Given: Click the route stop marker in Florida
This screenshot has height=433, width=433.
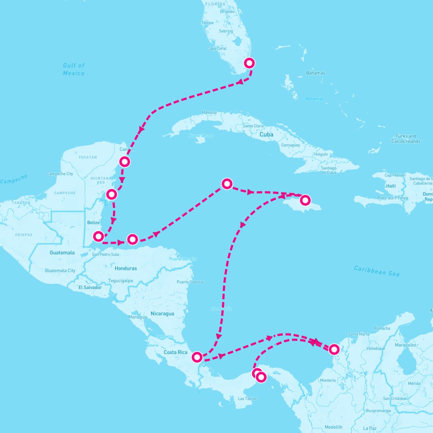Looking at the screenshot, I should click(x=249, y=63).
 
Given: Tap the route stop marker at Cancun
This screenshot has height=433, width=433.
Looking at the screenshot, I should click(x=124, y=162).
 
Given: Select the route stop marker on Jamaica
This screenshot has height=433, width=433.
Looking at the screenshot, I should click(x=305, y=200).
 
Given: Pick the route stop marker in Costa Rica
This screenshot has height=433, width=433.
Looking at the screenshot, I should click(x=197, y=357).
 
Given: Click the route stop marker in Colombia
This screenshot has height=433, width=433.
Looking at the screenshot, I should click(x=334, y=349).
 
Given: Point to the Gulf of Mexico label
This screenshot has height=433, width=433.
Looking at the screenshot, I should click(x=74, y=69).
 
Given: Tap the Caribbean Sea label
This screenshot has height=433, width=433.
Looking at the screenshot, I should click(x=377, y=271).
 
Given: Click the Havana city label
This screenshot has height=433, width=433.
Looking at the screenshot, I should click(x=209, y=113).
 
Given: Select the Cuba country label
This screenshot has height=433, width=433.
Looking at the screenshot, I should click(x=266, y=134).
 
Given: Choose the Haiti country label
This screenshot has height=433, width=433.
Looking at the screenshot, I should click(x=391, y=186).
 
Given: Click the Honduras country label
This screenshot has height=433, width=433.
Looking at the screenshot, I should click(x=126, y=268).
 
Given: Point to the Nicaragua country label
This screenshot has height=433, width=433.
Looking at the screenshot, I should click(x=162, y=314).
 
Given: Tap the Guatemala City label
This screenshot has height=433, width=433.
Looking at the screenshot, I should click(x=60, y=271).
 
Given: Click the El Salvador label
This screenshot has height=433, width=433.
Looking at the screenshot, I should click(x=90, y=287).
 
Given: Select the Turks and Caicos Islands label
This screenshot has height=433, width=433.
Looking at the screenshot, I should click(x=406, y=139).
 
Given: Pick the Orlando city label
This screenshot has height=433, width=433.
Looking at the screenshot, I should click(x=227, y=12).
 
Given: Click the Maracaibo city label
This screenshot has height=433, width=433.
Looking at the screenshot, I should click(x=405, y=345).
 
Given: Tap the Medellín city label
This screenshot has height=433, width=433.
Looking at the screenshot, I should click(x=333, y=427).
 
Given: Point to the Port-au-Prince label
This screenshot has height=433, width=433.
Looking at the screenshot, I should click(x=393, y=198).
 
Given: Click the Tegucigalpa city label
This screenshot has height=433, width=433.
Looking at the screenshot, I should click(x=121, y=281).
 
